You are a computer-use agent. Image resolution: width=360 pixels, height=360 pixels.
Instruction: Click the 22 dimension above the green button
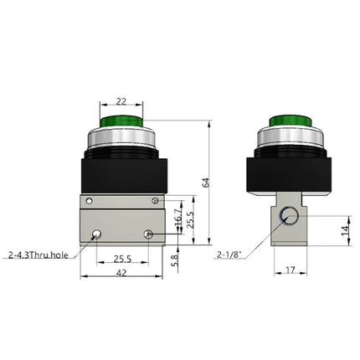[122, 99]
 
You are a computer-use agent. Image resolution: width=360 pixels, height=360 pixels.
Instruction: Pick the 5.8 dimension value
[174, 260]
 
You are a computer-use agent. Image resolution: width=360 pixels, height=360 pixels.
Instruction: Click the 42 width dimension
[122, 273]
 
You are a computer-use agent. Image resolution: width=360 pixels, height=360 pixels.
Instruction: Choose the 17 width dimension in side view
[289, 270]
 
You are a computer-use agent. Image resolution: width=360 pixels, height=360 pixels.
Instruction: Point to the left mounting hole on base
[99, 234]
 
